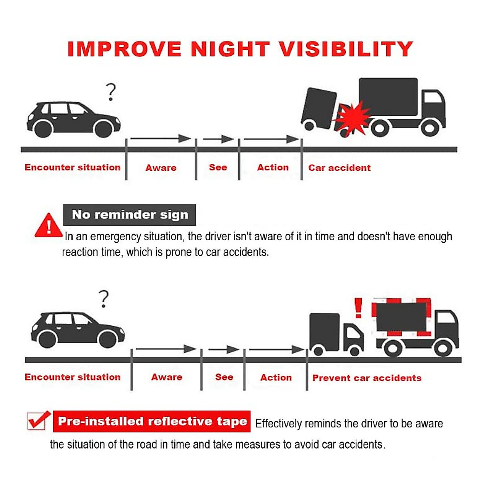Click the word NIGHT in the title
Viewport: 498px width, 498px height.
click(230, 49)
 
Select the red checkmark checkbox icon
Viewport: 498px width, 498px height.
click(38, 421)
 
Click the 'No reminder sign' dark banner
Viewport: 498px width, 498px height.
click(129, 215)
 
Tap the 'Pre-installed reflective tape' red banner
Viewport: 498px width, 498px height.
click(152, 421)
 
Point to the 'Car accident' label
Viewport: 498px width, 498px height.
click(339, 168)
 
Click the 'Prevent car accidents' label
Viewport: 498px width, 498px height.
click(366, 378)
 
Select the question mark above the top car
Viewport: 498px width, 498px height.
click(111, 92)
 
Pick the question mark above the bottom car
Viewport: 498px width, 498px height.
click(104, 299)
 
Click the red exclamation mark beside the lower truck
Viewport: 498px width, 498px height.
click(358, 308)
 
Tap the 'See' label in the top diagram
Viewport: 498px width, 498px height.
click(218, 167)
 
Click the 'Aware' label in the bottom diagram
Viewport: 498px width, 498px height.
click(166, 377)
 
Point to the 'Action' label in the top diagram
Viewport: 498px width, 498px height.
click(273, 167)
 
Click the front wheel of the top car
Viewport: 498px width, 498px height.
click(103, 129)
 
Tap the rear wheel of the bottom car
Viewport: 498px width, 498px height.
click(47, 339)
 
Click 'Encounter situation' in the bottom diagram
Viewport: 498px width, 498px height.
click(73, 377)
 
